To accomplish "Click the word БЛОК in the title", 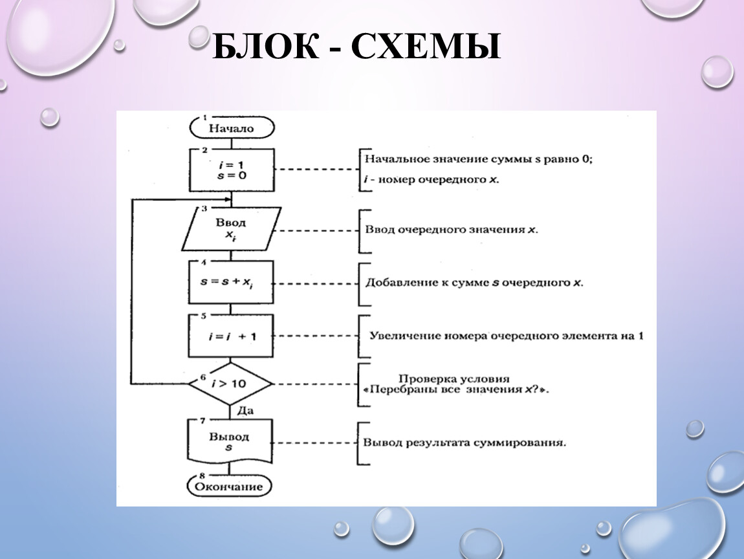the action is [266, 47].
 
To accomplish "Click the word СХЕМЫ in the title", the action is [426, 47].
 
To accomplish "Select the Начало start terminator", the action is [232, 127].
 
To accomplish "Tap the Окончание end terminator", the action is [229, 486].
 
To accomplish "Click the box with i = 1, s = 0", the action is [232, 170].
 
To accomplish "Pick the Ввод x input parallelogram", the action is [232, 229].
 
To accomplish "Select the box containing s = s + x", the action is [230, 282].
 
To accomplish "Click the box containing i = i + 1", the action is [230, 336].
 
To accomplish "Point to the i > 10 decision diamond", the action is [230, 384].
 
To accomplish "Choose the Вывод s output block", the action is [230, 441].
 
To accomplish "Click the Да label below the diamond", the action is [245, 411].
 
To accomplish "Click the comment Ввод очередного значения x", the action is [451, 230].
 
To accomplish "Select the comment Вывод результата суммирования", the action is [465, 443].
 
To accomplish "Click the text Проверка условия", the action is [454, 378].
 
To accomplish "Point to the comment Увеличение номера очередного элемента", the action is [507, 336].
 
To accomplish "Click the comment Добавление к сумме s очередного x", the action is [474, 283].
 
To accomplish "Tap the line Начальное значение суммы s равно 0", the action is [478, 159].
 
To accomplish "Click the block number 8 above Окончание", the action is [202, 475].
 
